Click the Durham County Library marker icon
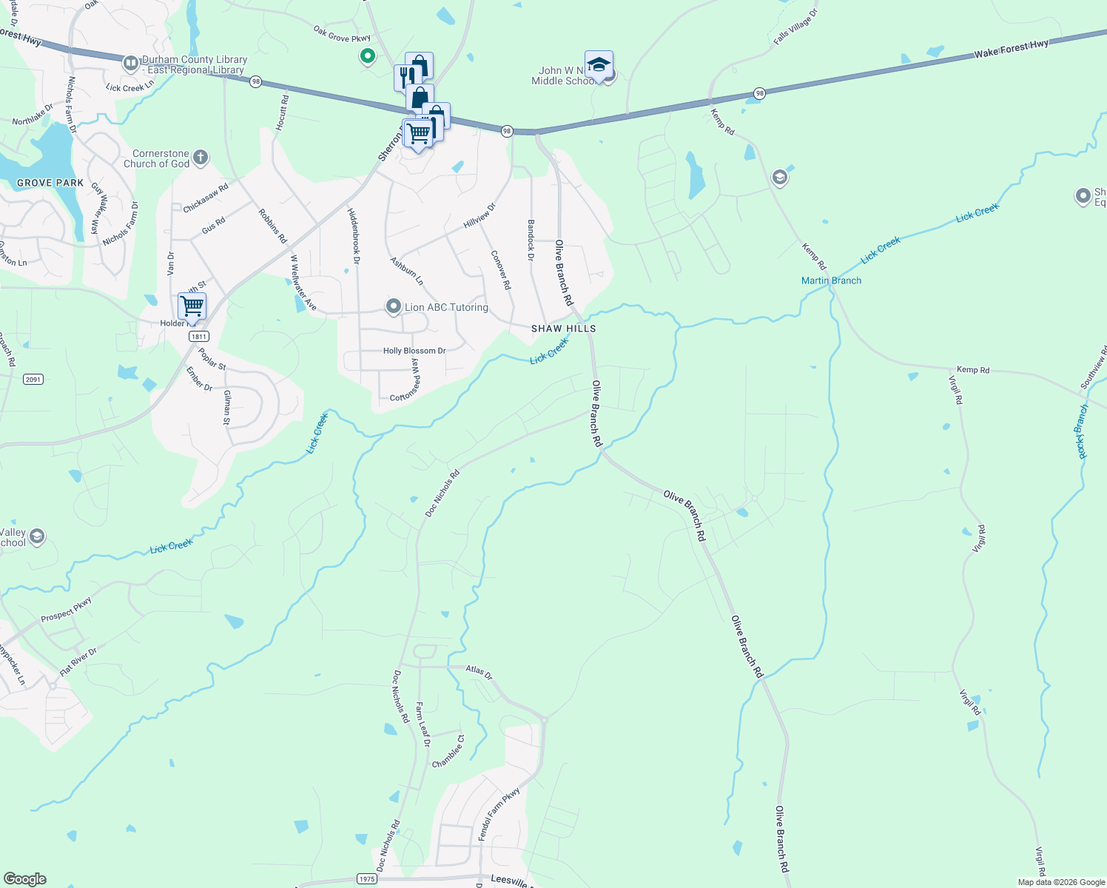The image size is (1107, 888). pos(131,64)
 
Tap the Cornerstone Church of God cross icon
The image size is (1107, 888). pos(201,158)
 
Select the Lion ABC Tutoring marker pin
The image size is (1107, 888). pos(394,306)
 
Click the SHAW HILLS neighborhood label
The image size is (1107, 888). pos(563,329)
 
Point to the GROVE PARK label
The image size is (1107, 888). pos(50,183)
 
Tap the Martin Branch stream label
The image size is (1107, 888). pos(831,280)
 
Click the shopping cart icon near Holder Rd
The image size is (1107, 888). pos(192,305)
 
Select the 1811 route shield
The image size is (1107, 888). pos(198,337)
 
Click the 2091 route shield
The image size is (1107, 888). pos(33,380)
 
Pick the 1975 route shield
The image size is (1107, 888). pos(366,879)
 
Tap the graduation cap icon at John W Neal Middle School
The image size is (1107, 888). pos(598,64)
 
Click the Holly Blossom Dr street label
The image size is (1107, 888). pos(414,351)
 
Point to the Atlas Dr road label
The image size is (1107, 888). pos(479,671)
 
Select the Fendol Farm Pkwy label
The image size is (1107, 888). pos(499,813)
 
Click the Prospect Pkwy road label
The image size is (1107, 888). pos(66,609)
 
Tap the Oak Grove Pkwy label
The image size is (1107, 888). pos(341,34)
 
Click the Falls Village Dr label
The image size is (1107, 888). pos(795,27)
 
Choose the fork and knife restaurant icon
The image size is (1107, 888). pos(406,75)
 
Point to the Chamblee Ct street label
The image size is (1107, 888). pos(448,751)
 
